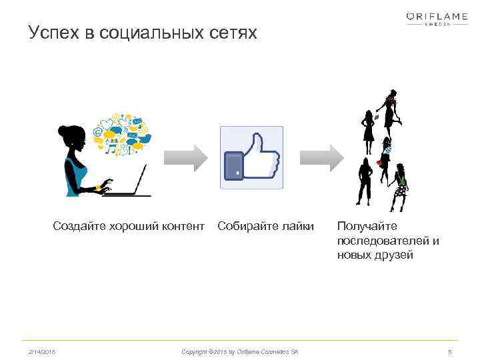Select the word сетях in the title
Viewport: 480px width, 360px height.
[x=233, y=33]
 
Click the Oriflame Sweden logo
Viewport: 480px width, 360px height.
[x=437, y=19]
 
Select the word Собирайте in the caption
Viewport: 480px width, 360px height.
[x=247, y=227]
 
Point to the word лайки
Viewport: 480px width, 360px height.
[x=297, y=227]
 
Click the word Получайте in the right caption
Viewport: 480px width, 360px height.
[x=367, y=227]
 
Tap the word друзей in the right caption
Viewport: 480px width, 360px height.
[x=393, y=255]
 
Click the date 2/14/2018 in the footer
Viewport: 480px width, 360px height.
[x=42, y=351]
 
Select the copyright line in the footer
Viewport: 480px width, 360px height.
[x=240, y=351]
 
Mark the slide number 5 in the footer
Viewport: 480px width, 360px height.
[x=450, y=351]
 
